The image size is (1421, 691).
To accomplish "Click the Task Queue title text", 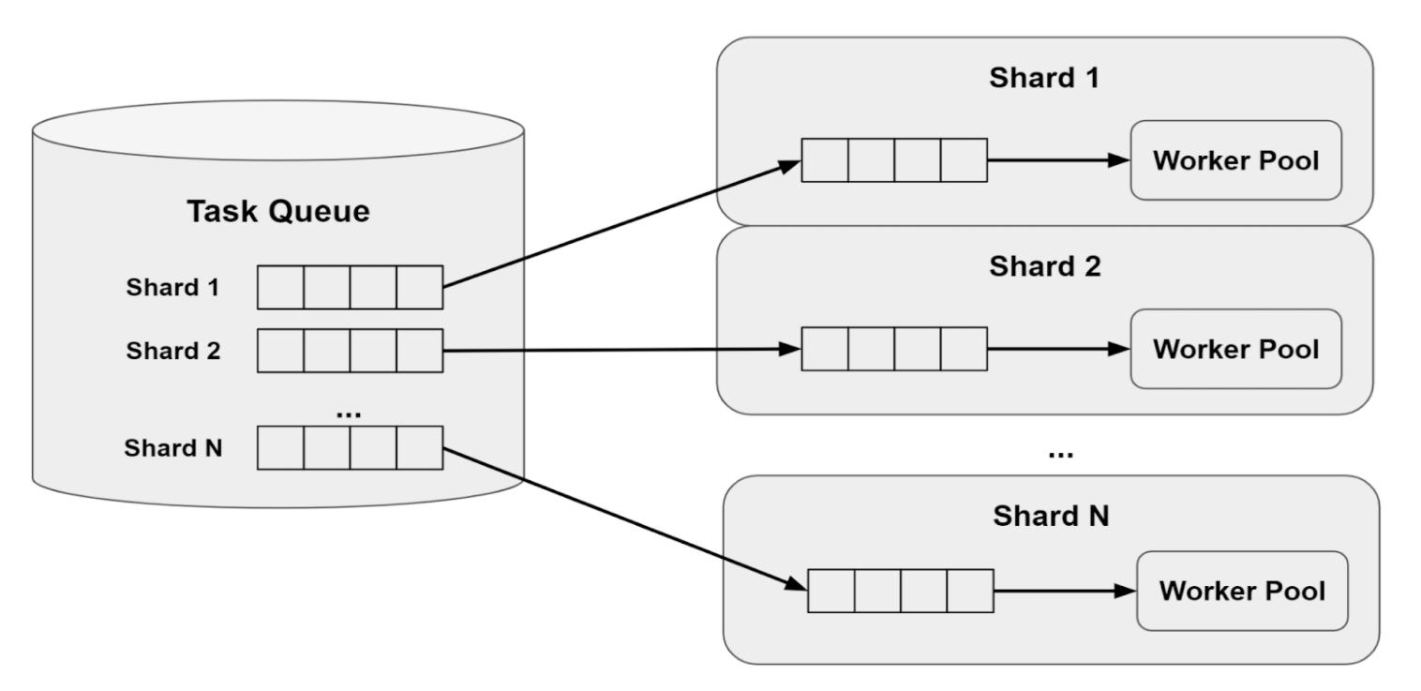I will (x=278, y=212).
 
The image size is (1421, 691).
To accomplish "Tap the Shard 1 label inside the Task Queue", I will (x=172, y=287).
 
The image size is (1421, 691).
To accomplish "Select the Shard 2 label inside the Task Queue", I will (x=172, y=351).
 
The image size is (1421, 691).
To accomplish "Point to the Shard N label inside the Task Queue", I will (x=172, y=447).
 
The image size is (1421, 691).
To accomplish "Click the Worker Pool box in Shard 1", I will (x=1235, y=160).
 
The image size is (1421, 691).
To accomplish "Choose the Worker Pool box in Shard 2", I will (x=1235, y=349).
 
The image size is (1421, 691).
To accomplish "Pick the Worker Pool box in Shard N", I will (x=1242, y=592).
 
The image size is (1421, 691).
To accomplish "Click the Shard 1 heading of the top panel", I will (x=1044, y=78).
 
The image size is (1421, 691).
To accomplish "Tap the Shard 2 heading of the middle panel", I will (x=1044, y=266).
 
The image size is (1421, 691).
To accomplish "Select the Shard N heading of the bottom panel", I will (x=1051, y=515).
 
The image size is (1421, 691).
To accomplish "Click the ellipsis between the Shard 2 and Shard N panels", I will (x=1059, y=454).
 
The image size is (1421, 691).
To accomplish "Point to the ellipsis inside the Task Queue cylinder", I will (x=349, y=411).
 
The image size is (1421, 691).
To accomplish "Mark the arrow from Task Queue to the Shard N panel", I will (x=623, y=518).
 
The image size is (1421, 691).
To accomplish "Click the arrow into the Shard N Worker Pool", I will (x=1064, y=592).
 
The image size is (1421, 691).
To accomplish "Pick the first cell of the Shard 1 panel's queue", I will (x=825, y=160).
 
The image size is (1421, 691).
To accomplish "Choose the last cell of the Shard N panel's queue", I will (x=970, y=592).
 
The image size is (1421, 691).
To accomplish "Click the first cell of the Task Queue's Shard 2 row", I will (x=280, y=351).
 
